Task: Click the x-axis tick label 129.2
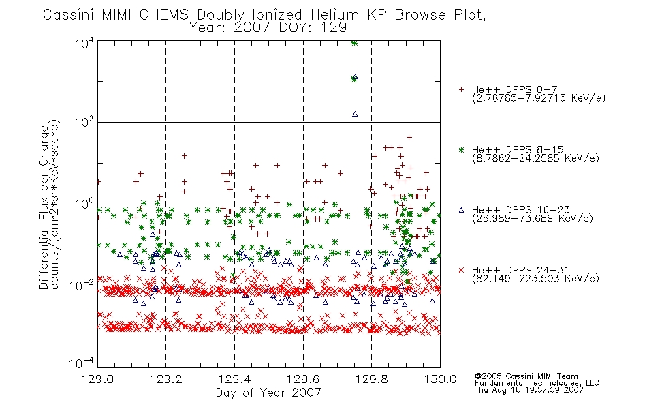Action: pos(166,379)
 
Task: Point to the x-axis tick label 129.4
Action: pos(234,379)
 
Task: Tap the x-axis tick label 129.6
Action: pos(303,379)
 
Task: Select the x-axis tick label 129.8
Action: pos(371,379)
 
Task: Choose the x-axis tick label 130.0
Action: pos(440,379)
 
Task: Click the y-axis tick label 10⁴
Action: pos(84,43)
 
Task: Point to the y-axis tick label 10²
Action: pos(84,122)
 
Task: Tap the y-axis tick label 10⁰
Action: pos(84,204)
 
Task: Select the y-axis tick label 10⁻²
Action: pos(81,285)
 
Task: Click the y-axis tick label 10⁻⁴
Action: pos(81,363)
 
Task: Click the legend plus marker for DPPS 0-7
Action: pos(461,89)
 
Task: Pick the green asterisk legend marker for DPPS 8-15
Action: pos(461,150)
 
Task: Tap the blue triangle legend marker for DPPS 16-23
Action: pos(461,210)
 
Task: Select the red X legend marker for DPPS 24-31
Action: pos(461,270)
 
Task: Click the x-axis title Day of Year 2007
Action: pos(268,393)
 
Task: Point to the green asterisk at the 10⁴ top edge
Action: pos(353,43)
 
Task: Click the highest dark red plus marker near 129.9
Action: pos(409,138)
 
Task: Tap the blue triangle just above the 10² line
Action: pos(355,114)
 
